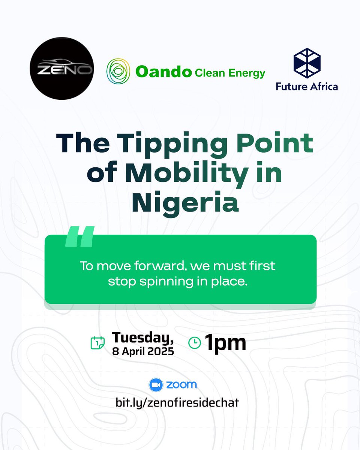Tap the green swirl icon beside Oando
point(118,71)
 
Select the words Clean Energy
point(229,73)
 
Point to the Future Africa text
point(307,87)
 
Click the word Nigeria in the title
point(185,203)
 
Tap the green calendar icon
point(97,343)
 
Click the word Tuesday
point(143,337)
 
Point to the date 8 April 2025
point(143,352)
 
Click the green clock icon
point(194,343)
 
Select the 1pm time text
point(225,343)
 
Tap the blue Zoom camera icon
point(156,385)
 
